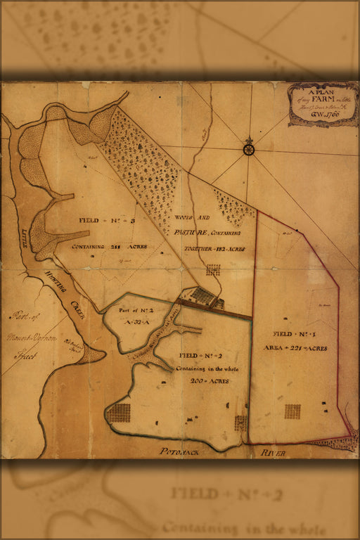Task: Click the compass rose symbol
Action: (248, 148)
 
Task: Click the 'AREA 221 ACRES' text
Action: (295, 347)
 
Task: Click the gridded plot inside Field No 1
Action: (292, 411)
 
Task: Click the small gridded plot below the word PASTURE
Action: (213, 269)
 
